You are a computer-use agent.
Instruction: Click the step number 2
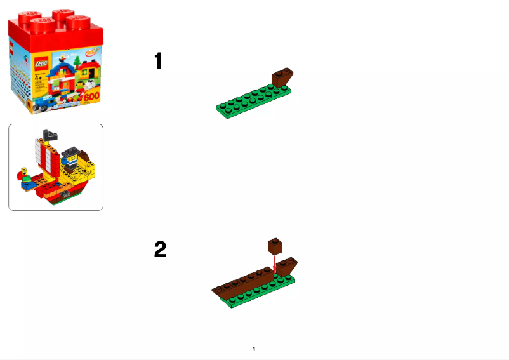(x=160, y=250)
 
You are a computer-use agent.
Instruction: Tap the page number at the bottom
(x=254, y=349)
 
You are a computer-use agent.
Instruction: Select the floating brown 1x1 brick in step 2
(x=275, y=245)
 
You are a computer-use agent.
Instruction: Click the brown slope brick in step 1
(x=282, y=79)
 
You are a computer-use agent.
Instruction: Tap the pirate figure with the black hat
(x=69, y=159)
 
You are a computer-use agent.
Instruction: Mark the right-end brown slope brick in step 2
(x=289, y=267)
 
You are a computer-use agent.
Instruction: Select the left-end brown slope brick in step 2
(x=222, y=291)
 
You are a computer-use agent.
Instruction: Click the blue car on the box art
(x=45, y=102)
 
